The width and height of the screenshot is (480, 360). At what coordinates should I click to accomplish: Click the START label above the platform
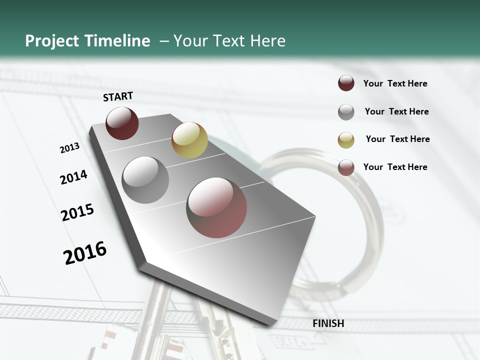[118, 96]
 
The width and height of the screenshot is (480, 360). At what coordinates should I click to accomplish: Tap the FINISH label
[328, 323]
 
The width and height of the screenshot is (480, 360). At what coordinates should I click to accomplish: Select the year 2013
[69, 148]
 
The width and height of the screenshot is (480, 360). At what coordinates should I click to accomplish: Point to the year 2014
[73, 177]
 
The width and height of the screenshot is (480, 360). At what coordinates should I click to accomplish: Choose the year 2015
[77, 212]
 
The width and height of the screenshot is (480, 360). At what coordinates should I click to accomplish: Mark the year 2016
[85, 253]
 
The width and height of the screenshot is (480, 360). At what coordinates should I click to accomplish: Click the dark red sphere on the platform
[122, 123]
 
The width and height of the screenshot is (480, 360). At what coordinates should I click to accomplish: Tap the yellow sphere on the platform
[189, 139]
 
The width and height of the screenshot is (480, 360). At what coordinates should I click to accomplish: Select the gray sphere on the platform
[145, 179]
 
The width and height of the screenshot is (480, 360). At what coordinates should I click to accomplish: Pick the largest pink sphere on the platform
[217, 207]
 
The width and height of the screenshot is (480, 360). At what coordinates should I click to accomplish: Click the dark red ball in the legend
[346, 83]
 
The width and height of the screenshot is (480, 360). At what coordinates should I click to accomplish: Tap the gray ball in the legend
[346, 112]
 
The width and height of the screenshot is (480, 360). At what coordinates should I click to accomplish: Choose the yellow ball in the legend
[346, 140]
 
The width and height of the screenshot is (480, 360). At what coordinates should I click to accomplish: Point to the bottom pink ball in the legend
[346, 167]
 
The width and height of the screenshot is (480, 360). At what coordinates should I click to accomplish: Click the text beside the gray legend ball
[396, 111]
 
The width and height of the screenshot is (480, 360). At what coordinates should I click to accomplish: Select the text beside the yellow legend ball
[397, 139]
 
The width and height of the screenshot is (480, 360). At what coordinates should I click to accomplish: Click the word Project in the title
[52, 41]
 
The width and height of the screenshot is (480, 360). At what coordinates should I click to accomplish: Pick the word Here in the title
[267, 41]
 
